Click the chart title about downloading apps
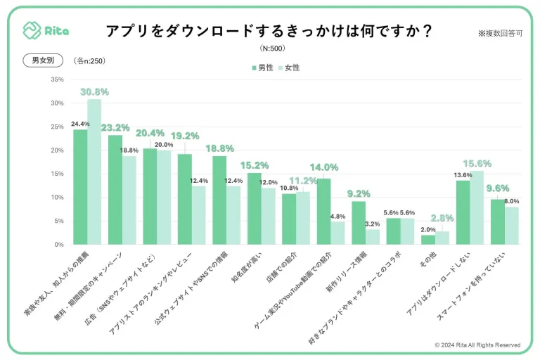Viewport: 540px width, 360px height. (269, 32)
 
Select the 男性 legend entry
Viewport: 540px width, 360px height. (262, 67)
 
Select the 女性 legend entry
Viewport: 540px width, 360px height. (288, 67)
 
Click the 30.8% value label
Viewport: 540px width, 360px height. (94, 92)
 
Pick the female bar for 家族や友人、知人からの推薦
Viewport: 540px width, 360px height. (94, 172)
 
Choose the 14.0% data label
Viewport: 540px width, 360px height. (323, 167)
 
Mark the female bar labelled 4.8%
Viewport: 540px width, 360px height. (337, 233)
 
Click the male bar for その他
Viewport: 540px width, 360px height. (428, 240)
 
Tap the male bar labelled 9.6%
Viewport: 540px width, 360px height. (498, 221)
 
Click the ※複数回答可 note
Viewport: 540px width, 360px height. (500, 33)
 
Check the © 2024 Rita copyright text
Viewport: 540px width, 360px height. (477, 345)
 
